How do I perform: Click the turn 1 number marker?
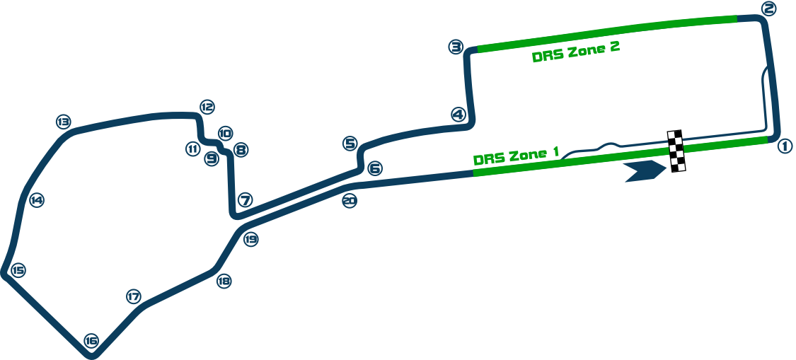(x=785, y=146)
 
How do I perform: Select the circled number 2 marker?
(x=769, y=9)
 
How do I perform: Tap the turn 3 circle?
(x=456, y=47)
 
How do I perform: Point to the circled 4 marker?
(x=458, y=115)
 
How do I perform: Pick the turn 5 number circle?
(x=350, y=144)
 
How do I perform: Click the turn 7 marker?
(x=245, y=200)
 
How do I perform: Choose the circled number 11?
(x=192, y=149)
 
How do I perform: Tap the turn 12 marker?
(x=207, y=108)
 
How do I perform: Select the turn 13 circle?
(x=64, y=122)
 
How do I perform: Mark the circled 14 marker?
(x=36, y=201)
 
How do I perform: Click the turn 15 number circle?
(x=18, y=270)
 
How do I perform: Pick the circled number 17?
(x=133, y=297)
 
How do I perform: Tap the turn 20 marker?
(x=349, y=201)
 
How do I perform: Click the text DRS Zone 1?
(x=516, y=155)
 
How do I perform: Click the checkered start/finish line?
(x=676, y=151)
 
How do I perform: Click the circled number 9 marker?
(x=212, y=159)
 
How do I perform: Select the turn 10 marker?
(x=225, y=132)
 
